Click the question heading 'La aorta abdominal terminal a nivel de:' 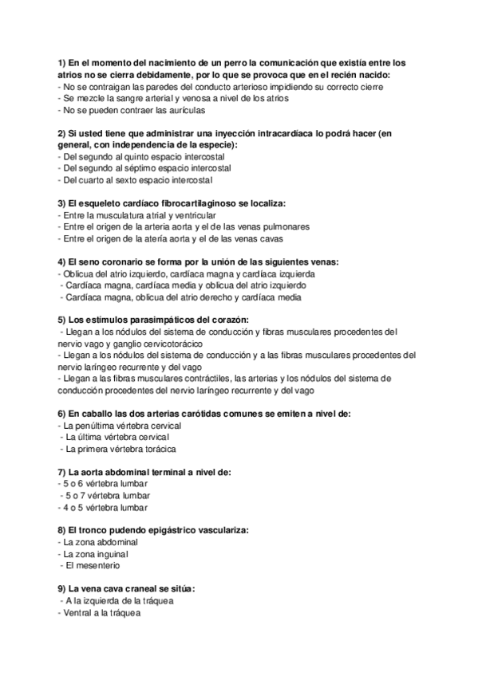tap(144, 472)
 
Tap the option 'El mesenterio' tap(92, 565)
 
